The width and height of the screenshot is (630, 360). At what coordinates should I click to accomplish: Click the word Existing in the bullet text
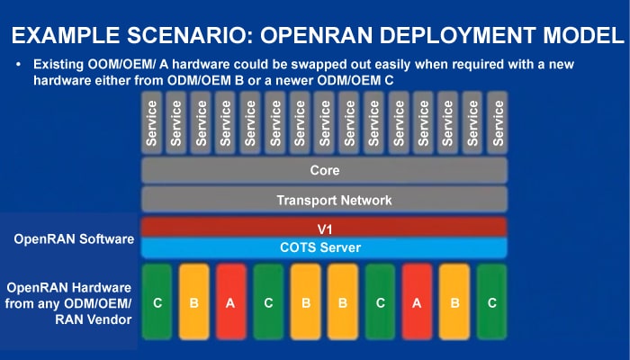click(x=59, y=66)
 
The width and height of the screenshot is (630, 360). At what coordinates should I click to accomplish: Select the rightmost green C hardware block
click(x=491, y=303)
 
